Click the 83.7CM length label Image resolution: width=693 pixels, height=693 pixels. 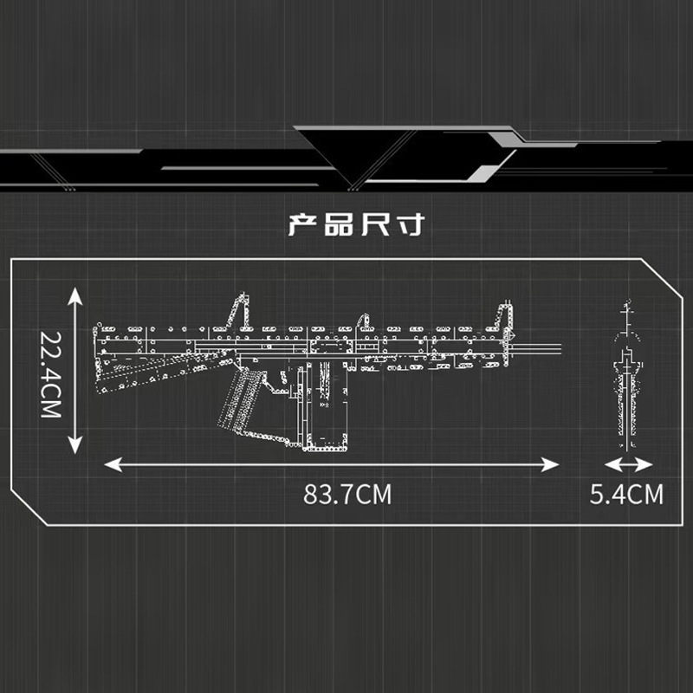tap(347, 494)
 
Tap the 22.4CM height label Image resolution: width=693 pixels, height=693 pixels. tap(51, 375)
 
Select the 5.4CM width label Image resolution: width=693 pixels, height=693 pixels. tap(626, 494)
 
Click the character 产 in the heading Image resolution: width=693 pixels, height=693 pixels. tap(302, 224)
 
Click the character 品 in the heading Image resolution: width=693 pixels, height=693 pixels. tap(339, 224)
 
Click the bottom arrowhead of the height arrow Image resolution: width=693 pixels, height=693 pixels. tap(75, 445)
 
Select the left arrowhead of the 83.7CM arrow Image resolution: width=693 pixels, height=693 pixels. tap(113, 465)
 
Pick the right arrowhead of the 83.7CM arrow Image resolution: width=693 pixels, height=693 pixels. tap(551, 465)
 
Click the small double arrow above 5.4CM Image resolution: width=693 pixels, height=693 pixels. tap(628, 465)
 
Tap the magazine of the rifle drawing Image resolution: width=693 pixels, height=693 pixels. tap(326, 405)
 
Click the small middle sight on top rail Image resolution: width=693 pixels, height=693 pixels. tap(364, 321)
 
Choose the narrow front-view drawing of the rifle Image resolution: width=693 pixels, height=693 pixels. tap(627, 375)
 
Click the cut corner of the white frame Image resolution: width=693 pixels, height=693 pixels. tap(662, 278)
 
